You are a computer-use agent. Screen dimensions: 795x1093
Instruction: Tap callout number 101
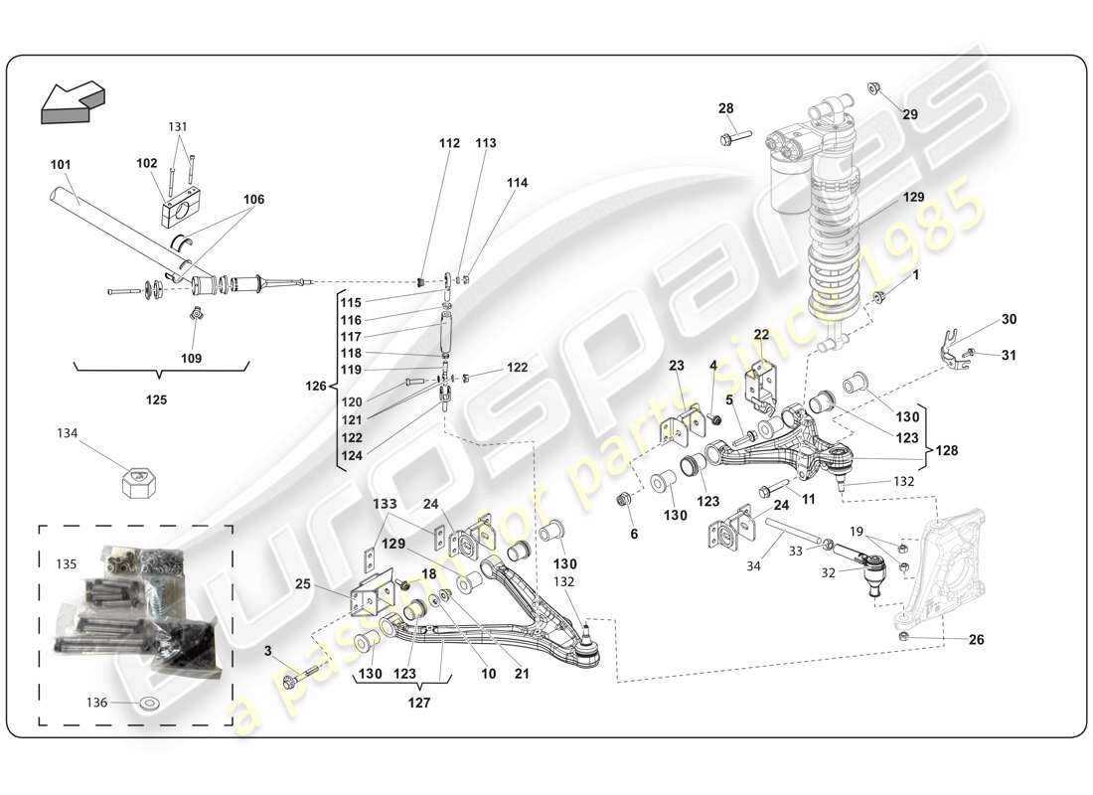(x=61, y=164)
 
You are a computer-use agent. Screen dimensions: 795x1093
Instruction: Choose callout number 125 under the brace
(x=156, y=399)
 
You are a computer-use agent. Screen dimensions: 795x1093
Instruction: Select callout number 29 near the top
(x=910, y=114)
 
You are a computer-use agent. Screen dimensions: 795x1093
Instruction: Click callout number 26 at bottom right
(x=976, y=640)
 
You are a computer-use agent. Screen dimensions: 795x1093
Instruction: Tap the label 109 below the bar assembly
(x=191, y=358)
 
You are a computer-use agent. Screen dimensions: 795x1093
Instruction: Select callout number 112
(x=449, y=143)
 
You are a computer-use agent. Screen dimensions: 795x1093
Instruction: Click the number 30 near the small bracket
(x=1009, y=319)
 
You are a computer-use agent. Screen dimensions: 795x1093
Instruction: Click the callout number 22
(x=761, y=334)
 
